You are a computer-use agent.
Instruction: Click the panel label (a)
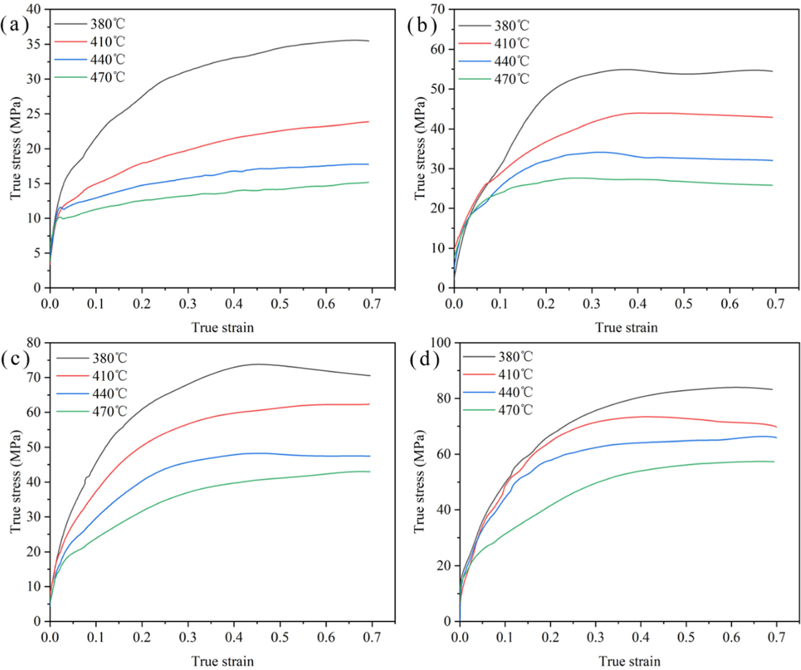(x=14, y=25)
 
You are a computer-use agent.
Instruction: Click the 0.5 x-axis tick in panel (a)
(x=280, y=304)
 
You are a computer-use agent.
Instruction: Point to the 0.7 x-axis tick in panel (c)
(x=371, y=637)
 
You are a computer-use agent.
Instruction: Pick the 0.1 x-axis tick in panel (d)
(x=505, y=637)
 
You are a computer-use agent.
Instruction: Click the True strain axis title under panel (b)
(x=626, y=328)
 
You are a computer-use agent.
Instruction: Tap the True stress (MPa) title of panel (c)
(x=15, y=481)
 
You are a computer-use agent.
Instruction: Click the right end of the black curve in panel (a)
(x=369, y=41)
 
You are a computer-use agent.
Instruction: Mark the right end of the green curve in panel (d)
(x=774, y=462)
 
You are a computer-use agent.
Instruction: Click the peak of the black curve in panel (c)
(x=257, y=364)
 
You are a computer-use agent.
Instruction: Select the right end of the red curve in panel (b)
(x=772, y=117)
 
